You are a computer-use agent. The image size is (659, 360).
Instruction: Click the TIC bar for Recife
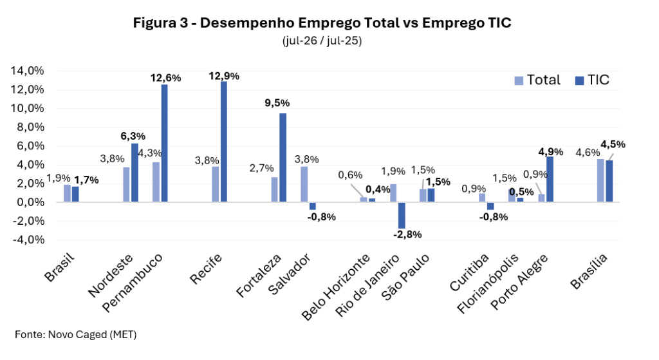point(223,141)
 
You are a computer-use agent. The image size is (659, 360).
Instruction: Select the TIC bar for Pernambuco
point(164,143)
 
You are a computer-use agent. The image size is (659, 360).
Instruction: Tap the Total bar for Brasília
point(600,180)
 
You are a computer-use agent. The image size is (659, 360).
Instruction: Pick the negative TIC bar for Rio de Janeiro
point(402,215)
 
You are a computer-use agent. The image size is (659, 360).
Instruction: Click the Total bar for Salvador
point(304,184)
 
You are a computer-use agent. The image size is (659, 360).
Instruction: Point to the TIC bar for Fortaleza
point(283,158)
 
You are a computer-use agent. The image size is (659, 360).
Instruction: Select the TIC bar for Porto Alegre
point(550,179)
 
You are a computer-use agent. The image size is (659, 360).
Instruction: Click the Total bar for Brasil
point(67,193)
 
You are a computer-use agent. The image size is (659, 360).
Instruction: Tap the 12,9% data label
point(224,76)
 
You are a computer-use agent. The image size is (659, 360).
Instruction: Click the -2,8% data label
point(407,234)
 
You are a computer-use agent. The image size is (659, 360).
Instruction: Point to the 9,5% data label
point(277,103)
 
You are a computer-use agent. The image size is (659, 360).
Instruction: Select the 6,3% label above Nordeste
point(133,137)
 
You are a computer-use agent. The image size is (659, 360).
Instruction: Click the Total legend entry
point(537,80)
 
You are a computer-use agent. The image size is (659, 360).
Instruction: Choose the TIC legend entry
point(592,80)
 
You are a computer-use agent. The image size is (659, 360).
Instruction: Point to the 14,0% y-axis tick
point(27,71)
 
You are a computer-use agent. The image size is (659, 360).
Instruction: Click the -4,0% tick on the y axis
point(28,240)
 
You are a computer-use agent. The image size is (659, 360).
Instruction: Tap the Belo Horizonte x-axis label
point(336,287)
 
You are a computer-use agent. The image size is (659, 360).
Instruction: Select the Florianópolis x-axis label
point(488,284)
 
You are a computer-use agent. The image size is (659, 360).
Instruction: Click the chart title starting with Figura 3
point(322,23)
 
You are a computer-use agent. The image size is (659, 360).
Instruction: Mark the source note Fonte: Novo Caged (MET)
point(76,335)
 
